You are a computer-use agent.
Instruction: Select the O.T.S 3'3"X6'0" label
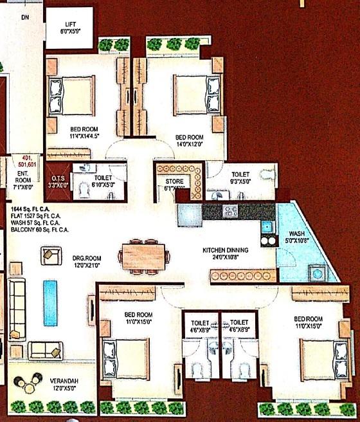pyautogui.click(x=59, y=181)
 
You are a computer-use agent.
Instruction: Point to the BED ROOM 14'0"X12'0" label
pyautogui.click(x=190, y=141)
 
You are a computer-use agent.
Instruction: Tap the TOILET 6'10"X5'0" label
pyautogui.click(x=102, y=181)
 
